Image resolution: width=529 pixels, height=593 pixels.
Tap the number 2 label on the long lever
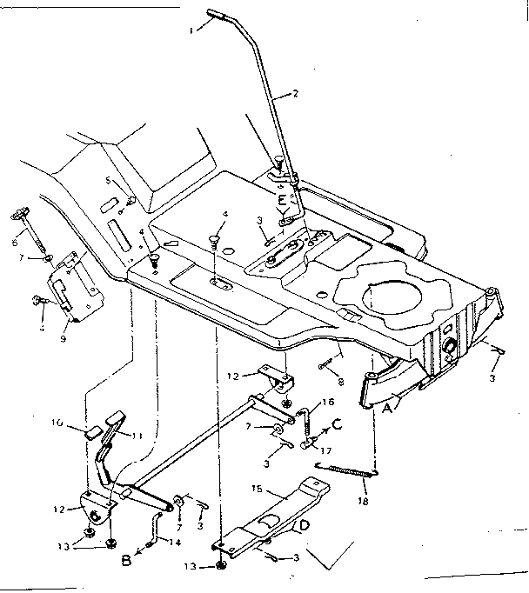click(296, 93)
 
